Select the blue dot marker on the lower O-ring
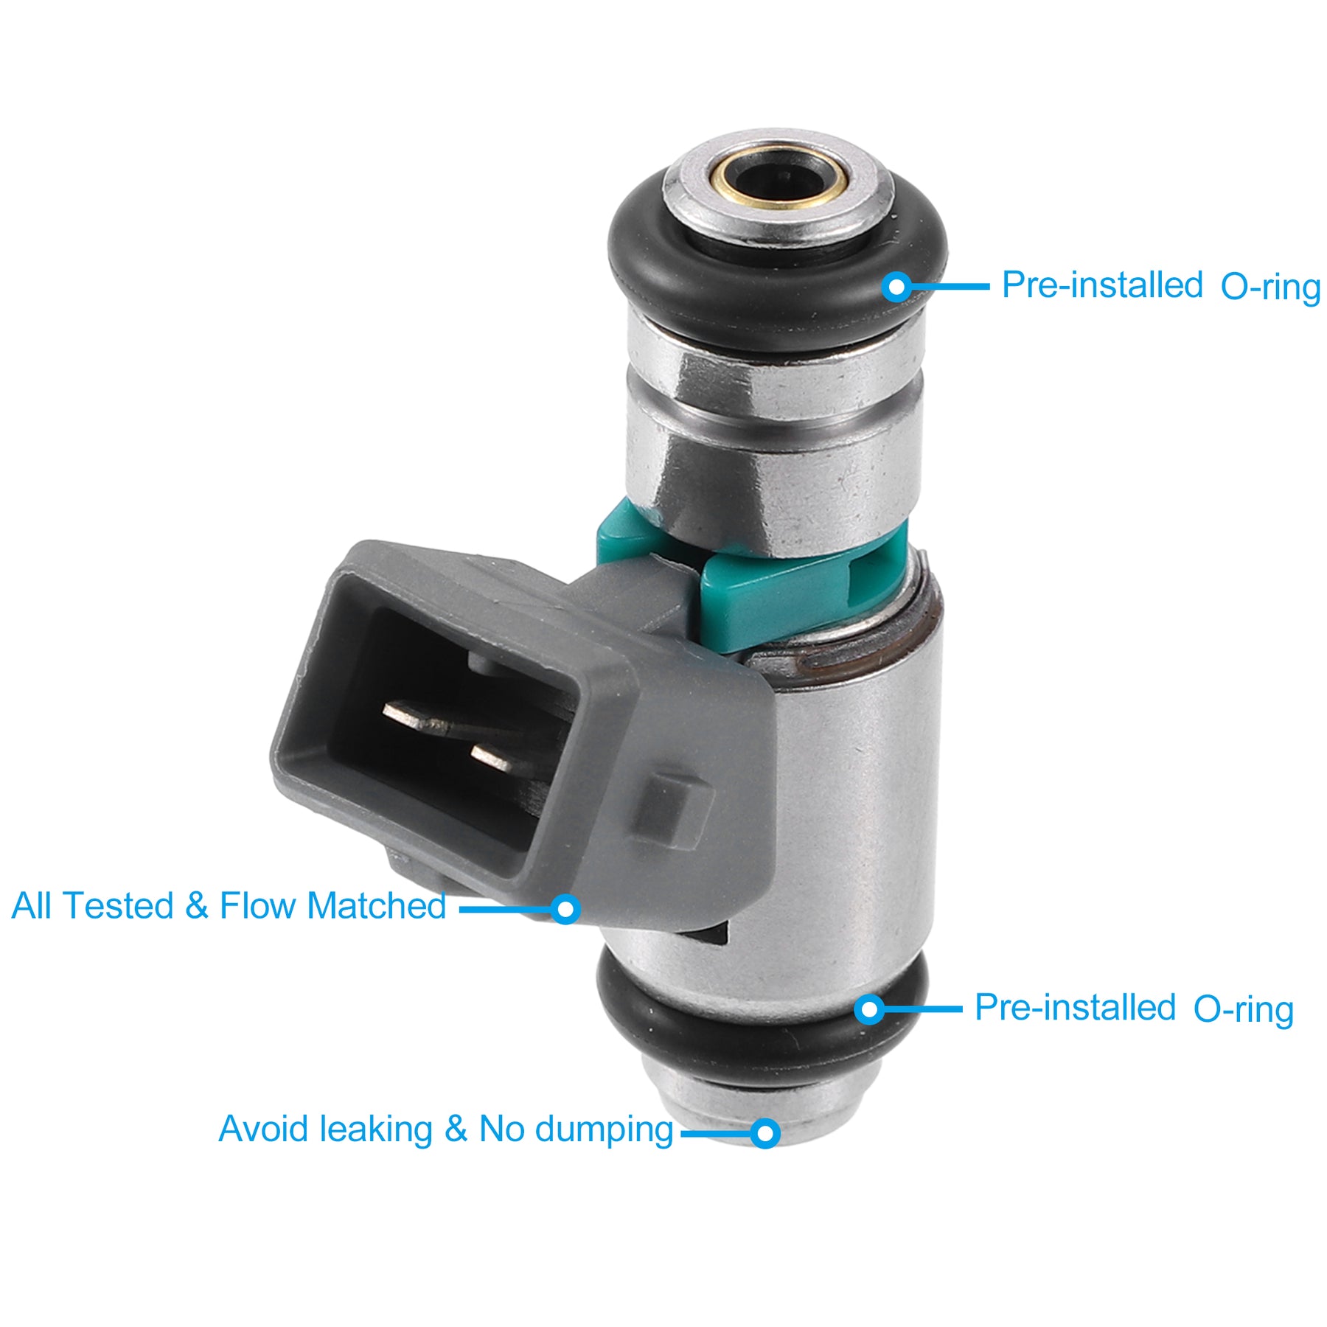[871, 1009]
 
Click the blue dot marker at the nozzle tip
[765, 1132]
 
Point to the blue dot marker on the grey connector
[565, 909]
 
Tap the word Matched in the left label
[377, 906]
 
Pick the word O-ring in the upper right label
[1270, 288]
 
